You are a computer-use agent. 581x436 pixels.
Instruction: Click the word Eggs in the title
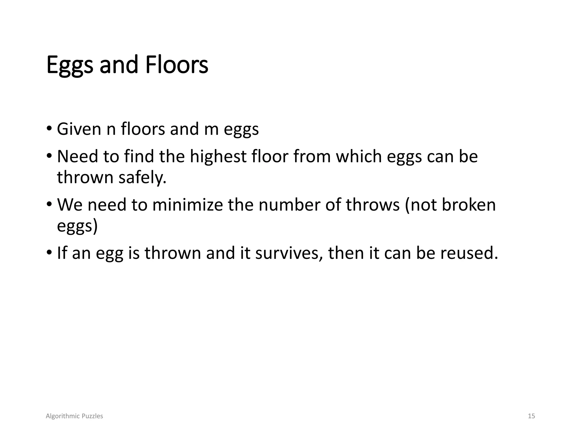(70, 65)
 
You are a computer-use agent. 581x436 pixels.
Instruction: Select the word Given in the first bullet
(79, 129)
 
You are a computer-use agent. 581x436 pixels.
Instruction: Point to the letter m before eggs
(211, 129)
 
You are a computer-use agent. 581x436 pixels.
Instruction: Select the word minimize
(188, 205)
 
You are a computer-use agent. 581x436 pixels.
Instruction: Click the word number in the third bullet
(289, 205)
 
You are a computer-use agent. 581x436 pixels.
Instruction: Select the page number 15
(531, 416)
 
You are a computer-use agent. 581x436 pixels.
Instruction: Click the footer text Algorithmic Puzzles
(74, 416)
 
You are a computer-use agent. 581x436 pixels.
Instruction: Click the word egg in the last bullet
(110, 253)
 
